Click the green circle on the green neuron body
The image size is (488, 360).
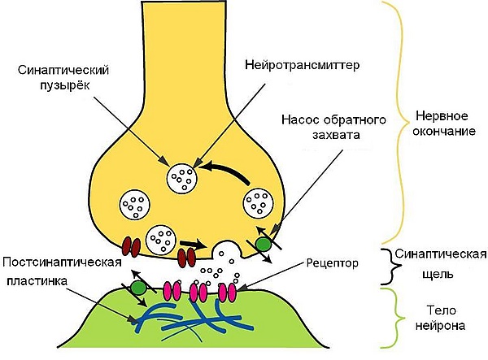tap(139, 287)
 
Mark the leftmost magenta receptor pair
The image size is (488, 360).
tap(173, 289)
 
